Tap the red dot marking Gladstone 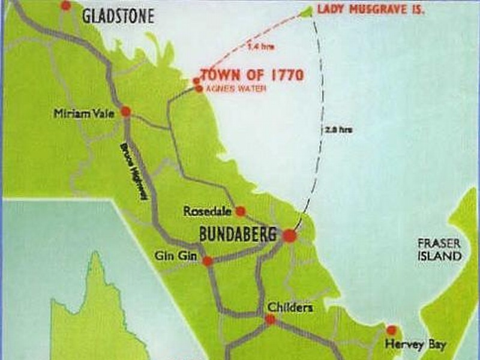click(x=66, y=5)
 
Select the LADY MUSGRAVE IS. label click(x=370, y=10)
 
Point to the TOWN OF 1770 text click(x=251, y=75)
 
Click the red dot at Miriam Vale click(x=126, y=111)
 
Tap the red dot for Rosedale click(x=241, y=211)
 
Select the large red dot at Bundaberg click(x=290, y=236)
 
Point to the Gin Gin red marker click(x=208, y=261)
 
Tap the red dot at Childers click(x=271, y=320)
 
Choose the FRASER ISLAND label click(x=440, y=250)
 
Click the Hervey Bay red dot click(x=392, y=330)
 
